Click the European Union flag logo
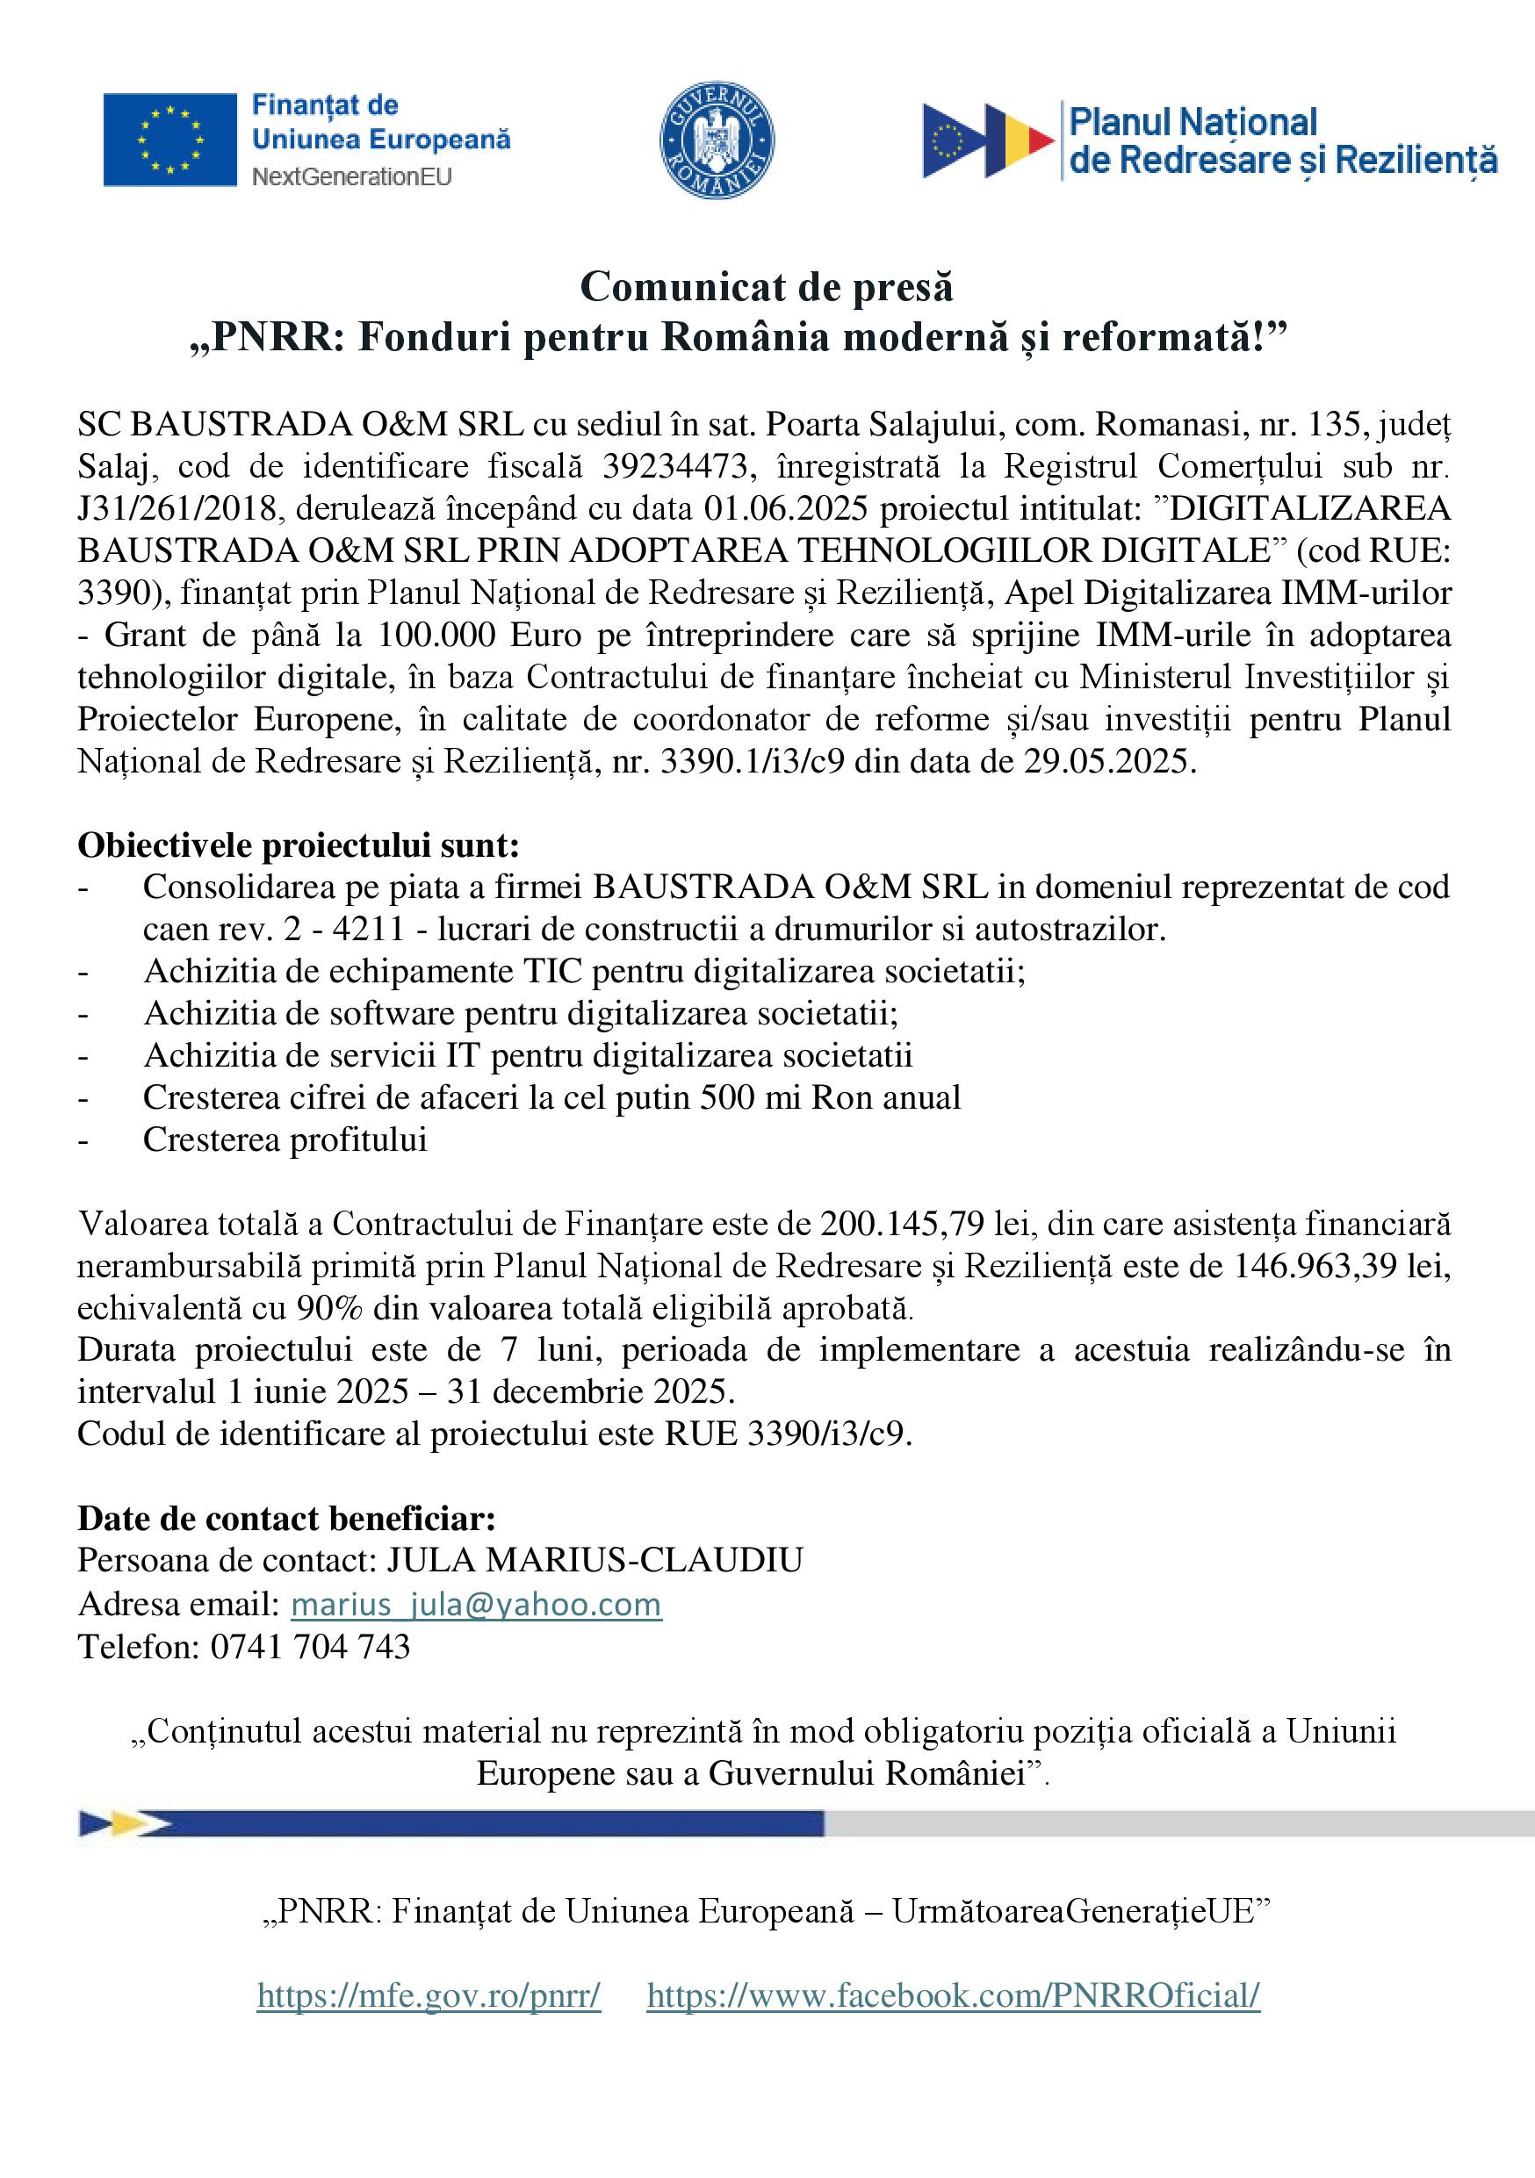[x=169, y=139]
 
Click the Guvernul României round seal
[x=717, y=140]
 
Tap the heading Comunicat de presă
[x=767, y=286]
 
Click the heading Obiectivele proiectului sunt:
[x=298, y=845]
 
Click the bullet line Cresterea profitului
[x=285, y=1139]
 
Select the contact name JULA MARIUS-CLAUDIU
[x=594, y=1559]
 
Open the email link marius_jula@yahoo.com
[x=476, y=1604]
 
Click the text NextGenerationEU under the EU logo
[x=351, y=176]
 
